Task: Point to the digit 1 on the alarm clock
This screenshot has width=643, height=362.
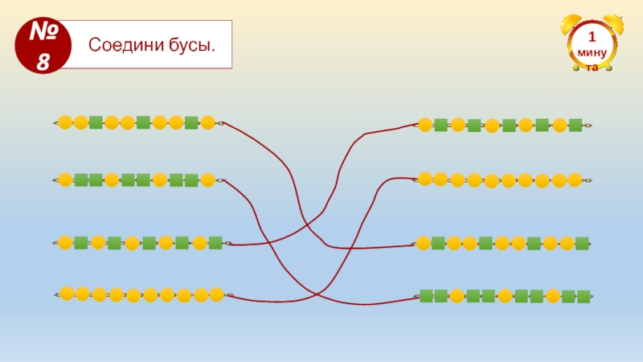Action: (592, 38)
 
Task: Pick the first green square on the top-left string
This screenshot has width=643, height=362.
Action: (96, 122)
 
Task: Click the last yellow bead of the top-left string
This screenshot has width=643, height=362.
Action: (208, 122)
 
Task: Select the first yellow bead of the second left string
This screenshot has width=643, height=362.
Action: (66, 179)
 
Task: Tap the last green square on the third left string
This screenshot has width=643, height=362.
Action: (215, 242)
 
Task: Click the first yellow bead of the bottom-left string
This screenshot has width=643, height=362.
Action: (67, 293)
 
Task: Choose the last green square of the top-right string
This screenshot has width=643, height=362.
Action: (575, 125)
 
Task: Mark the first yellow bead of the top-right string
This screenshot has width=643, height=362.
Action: (424, 125)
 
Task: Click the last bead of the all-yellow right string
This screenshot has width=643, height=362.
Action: (574, 179)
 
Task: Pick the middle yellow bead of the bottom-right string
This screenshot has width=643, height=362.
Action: (505, 296)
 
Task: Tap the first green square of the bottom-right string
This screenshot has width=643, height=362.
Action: (426, 296)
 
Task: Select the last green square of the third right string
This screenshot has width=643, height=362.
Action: (583, 243)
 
